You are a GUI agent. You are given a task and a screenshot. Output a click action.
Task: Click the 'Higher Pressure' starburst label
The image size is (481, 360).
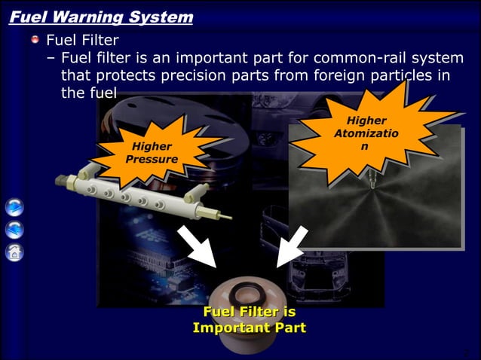click(x=152, y=153)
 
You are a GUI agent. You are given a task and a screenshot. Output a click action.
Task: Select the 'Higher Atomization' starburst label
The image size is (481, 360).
click(x=366, y=133)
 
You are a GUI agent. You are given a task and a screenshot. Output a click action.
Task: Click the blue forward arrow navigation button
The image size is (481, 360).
click(x=14, y=206)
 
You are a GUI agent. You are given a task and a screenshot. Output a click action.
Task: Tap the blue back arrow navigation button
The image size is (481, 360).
click(x=14, y=229)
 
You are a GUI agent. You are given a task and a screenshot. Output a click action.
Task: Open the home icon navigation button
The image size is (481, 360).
click(x=14, y=252)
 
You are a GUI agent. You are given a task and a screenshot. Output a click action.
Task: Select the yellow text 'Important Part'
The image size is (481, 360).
click(x=249, y=328)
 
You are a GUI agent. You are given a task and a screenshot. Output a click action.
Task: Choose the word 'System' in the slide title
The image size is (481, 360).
click(x=164, y=16)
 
